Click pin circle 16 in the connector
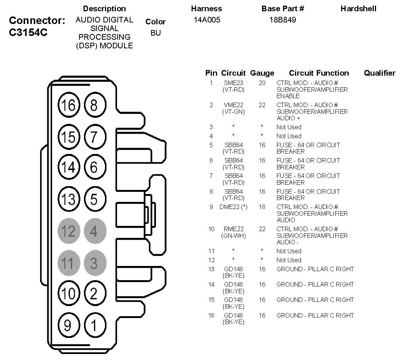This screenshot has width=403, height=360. click(68, 106)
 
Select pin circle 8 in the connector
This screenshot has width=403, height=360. click(94, 106)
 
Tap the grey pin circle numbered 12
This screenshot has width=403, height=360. click(68, 231)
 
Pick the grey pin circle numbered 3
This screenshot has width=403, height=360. click(94, 263)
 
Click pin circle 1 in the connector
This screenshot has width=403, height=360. click(94, 325)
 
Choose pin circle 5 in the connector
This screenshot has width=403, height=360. click(94, 199)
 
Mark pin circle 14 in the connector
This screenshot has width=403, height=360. click(68, 167)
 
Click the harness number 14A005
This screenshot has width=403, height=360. click(207, 20)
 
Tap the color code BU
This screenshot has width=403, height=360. click(156, 33)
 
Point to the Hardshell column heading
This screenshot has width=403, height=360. click(358, 9)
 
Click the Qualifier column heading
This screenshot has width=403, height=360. click(379, 73)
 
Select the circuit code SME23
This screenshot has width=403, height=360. click(234, 83)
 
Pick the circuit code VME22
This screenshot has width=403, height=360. click(234, 105)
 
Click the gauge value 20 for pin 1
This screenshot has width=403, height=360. click(262, 83)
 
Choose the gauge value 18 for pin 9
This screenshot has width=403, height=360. click(262, 207)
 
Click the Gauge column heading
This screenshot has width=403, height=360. click(262, 73)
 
